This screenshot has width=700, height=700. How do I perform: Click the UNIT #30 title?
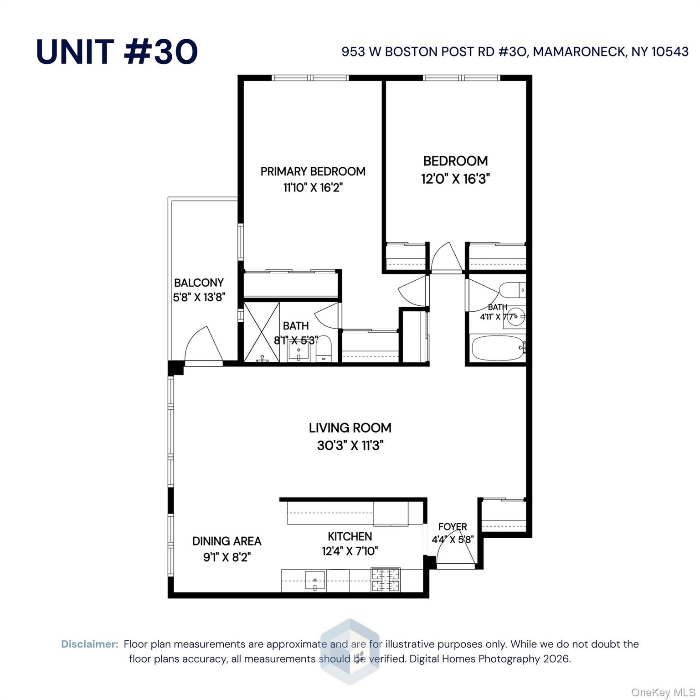pyautogui.click(x=117, y=51)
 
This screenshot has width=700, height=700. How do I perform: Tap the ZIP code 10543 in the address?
pyautogui.click(x=670, y=52)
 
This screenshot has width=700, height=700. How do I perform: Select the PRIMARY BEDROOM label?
pyautogui.click(x=313, y=171)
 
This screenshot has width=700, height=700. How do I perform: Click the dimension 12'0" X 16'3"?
pyautogui.click(x=455, y=179)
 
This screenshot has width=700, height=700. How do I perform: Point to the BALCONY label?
pyautogui.click(x=199, y=283)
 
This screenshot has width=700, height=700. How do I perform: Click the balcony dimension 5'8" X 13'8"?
pyautogui.click(x=199, y=298)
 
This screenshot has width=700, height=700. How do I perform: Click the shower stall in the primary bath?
pyautogui.click(x=262, y=332)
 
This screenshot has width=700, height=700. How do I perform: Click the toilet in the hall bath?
pyautogui.click(x=511, y=290)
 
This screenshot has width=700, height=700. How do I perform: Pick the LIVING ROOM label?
pyautogui.click(x=350, y=427)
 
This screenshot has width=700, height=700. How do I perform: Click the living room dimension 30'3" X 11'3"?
pyautogui.click(x=350, y=445)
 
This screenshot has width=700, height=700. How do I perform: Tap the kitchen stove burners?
pyautogui.click(x=386, y=580)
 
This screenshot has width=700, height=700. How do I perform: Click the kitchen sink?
pyautogui.click(x=315, y=580)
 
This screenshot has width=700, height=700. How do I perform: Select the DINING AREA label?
pyautogui.click(x=226, y=541)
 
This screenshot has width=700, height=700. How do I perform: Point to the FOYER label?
pyautogui.click(x=453, y=527)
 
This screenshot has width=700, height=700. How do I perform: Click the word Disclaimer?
pyautogui.click(x=90, y=644)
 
